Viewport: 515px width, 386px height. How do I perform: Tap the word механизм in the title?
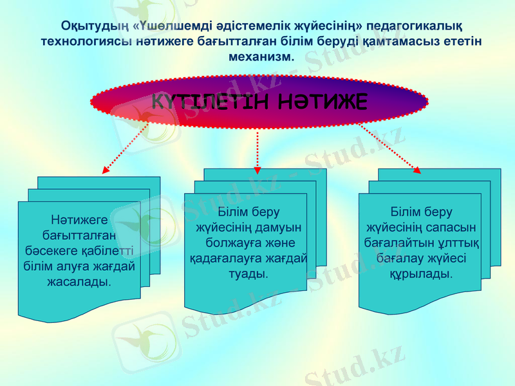[x=259, y=56]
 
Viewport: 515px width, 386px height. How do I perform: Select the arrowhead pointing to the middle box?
[x=257, y=169]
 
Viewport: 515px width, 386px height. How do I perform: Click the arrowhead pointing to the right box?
[x=417, y=170]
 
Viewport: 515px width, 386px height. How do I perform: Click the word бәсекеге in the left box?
[x=51, y=250]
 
